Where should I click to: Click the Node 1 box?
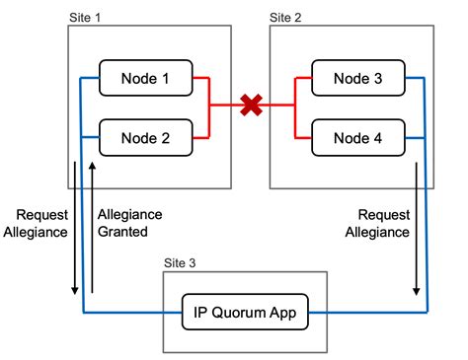click(145, 78)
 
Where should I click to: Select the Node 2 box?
click(145, 139)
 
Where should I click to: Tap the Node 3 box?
click(356, 78)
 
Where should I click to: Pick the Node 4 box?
click(356, 139)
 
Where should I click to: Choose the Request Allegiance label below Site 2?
click(384, 223)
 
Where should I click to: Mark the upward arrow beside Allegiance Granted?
click(92, 227)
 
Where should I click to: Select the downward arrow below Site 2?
click(416, 227)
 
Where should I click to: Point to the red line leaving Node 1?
click(200, 78)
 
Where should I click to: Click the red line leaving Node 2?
click(200, 139)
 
